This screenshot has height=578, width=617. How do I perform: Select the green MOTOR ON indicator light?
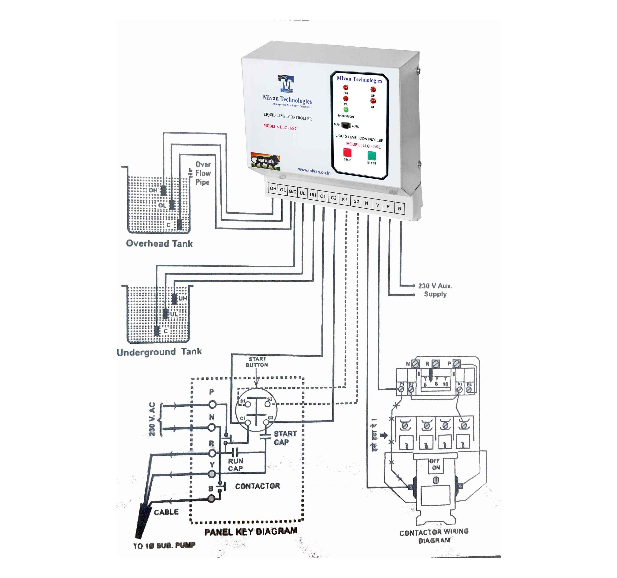(x=346, y=110)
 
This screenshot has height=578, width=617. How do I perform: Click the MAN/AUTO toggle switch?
(x=346, y=125)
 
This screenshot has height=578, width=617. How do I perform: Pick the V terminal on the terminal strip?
(x=377, y=205)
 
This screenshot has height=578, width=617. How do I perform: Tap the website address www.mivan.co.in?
(x=314, y=171)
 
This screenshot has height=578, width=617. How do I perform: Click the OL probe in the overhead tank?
(x=172, y=205)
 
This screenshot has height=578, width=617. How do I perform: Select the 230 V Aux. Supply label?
(x=435, y=290)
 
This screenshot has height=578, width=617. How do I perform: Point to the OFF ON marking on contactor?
(x=435, y=464)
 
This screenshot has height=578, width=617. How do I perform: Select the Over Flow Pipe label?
(x=203, y=173)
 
